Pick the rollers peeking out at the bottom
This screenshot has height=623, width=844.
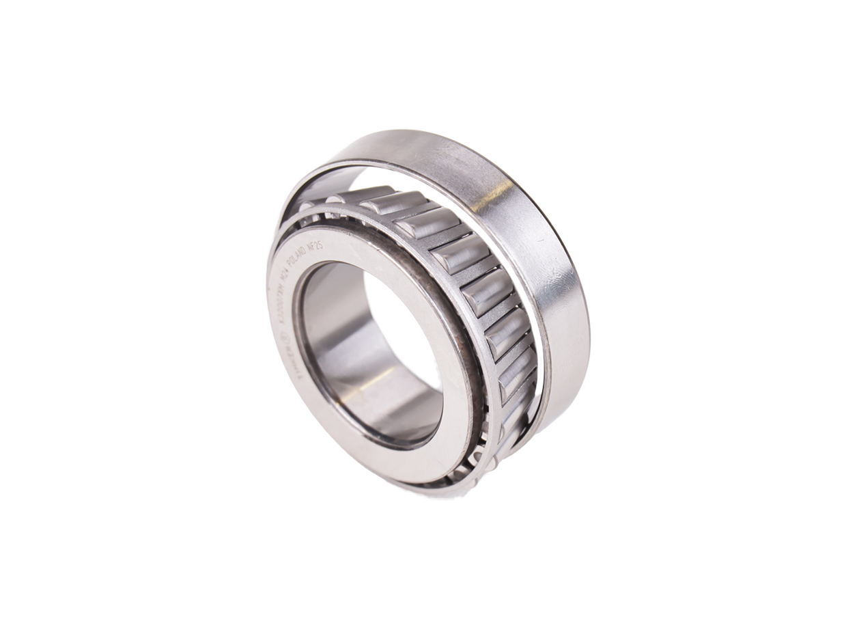444,471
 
